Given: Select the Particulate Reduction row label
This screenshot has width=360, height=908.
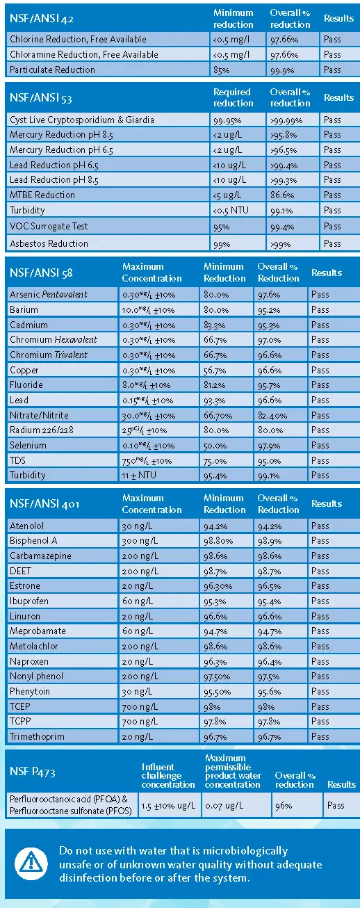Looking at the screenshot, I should (52, 70).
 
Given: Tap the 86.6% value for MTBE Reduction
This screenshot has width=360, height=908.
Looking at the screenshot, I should (280, 195).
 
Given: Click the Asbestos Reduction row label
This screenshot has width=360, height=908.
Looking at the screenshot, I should (49, 243).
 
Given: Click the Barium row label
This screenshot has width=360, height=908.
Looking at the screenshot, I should (24, 309).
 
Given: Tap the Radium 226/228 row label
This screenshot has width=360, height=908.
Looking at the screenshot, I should (40, 430).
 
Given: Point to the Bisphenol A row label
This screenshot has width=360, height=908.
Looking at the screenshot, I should (33, 540).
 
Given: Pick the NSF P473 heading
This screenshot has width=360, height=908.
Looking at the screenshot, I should (33, 771).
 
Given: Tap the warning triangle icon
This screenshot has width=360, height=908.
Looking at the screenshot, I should (31, 864).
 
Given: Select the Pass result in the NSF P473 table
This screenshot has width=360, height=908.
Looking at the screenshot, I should (336, 806).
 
